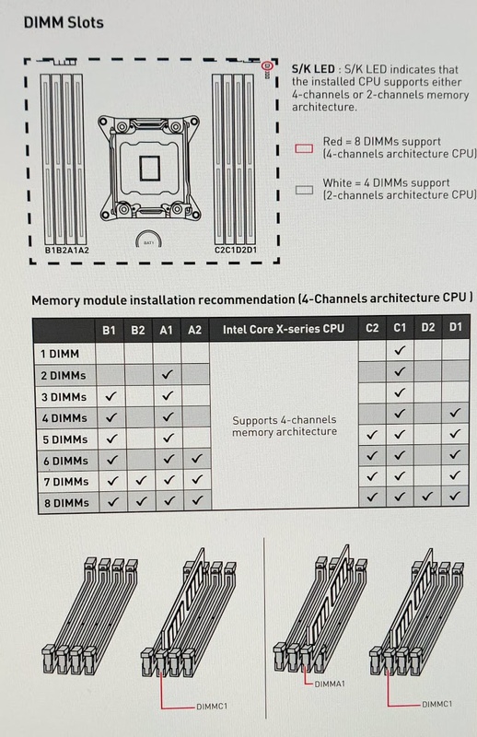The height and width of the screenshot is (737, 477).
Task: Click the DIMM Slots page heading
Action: click(x=64, y=22)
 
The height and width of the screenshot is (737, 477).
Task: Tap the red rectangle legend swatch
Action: click(x=304, y=148)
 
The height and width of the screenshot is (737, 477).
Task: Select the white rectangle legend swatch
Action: click(x=304, y=190)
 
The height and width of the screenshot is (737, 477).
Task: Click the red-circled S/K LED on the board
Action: click(x=266, y=66)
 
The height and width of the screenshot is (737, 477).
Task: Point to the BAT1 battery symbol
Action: click(x=148, y=239)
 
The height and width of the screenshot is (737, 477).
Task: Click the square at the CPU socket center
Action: click(x=149, y=168)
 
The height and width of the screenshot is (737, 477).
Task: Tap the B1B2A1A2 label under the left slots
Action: click(x=66, y=251)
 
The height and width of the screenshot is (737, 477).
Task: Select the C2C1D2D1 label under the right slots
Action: click(x=236, y=250)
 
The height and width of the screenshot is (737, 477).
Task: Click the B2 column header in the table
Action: click(x=138, y=330)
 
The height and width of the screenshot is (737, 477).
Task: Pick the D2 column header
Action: click(x=427, y=327)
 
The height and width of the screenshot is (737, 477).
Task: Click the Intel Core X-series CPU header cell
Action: click(x=284, y=329)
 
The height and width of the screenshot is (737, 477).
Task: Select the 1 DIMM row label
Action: click(x=60, y=354)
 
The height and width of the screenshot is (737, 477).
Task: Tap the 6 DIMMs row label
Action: click(x=65, y=461)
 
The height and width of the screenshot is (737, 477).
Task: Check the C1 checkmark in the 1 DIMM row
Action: click(x=400, y=350)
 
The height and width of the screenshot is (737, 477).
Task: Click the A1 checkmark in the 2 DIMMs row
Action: click(x=167, y=375)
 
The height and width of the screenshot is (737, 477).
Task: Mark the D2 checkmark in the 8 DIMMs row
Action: click(x=427, y=496)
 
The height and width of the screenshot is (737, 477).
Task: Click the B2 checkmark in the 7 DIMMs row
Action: click(x=141, y=480)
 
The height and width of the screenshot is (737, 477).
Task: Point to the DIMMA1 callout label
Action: click(x=330, y=684)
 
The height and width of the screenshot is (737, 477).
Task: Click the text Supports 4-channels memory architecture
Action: click(x=285, y=426)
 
